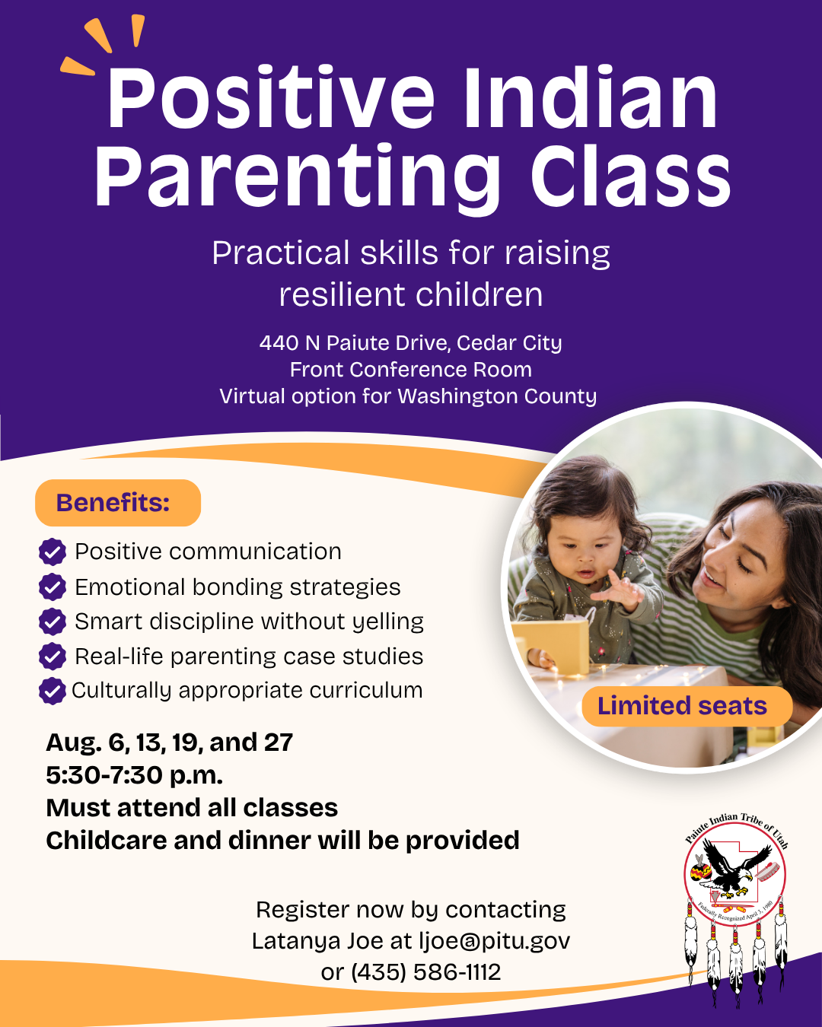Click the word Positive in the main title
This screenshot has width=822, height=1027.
(271, 98)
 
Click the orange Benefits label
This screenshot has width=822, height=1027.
(118, 503)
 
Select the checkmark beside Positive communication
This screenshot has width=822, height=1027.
(53, 552)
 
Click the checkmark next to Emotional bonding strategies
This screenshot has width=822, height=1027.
(53, 587)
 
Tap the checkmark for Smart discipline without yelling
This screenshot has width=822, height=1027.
(53, 622)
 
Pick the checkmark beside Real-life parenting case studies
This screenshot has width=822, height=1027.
(53, 657)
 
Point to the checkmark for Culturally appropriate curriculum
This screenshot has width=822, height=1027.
(53, 691)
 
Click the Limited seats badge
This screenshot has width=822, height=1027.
(687, 706)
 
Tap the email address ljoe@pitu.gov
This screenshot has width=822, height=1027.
(495, 941)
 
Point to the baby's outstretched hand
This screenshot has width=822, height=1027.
(616, 592)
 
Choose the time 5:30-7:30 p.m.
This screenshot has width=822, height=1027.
(135, 775)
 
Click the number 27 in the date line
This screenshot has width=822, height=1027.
(279, 742)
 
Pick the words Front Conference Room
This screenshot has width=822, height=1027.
(411, 370)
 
